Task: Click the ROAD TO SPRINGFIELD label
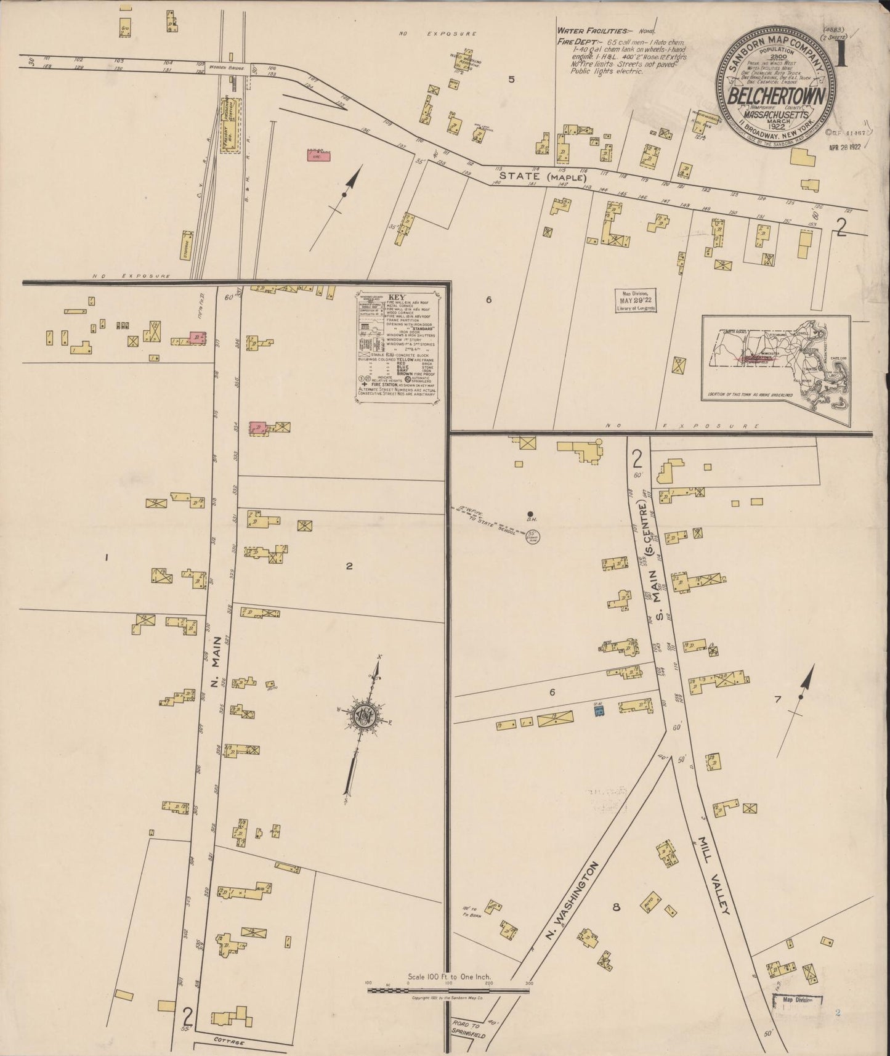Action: click(469, 1029)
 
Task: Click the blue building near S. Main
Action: click(598, 710)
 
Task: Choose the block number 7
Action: click(777, 699)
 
